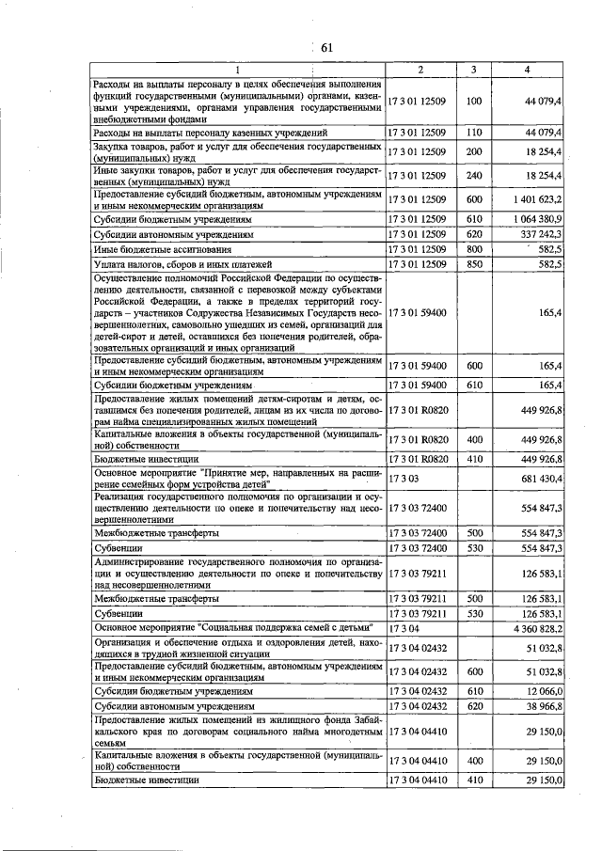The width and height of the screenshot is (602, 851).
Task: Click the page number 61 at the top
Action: [327, 48]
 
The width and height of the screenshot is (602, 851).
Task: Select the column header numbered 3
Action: [474, 70]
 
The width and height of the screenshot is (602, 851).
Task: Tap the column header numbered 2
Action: [420, 70]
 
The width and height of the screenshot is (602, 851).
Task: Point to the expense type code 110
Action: [474, 134]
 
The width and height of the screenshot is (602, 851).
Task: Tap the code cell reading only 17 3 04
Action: [402, 627]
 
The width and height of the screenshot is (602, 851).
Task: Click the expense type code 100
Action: [474, 100]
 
